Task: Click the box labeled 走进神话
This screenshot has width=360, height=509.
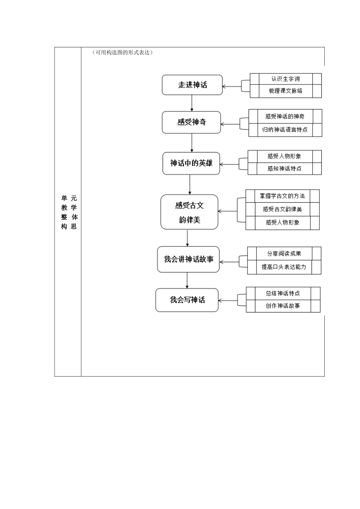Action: (192, 85)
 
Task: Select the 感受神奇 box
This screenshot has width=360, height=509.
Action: (191, 122)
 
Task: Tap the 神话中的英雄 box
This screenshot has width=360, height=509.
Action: (191, 163)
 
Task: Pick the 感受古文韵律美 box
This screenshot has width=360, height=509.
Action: (189, 212)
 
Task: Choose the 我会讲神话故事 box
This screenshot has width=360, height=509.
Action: (188, 259)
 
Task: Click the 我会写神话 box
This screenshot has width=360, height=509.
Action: (187, 300)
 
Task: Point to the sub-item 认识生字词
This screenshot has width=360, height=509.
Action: (285, 79)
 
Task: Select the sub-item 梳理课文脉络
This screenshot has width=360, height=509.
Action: (285, 91)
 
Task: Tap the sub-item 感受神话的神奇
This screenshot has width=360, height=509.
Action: (285, 116)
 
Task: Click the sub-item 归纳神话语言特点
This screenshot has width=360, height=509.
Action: (285, 130)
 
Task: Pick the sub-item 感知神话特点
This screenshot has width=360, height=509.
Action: (284, 169)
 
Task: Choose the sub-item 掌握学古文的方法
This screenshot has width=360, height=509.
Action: (282, 196)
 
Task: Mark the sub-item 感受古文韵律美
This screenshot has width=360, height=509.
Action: (282, 209)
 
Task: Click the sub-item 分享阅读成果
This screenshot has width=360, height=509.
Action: (284, 254)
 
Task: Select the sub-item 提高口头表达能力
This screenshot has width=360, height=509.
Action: (284, 267)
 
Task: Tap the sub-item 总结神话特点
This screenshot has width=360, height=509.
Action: (283, 293)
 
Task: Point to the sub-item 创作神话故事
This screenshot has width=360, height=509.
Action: (283, 306)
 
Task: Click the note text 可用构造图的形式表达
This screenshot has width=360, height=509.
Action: (122, 53)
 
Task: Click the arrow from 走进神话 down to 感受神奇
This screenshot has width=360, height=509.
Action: (192, 103)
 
